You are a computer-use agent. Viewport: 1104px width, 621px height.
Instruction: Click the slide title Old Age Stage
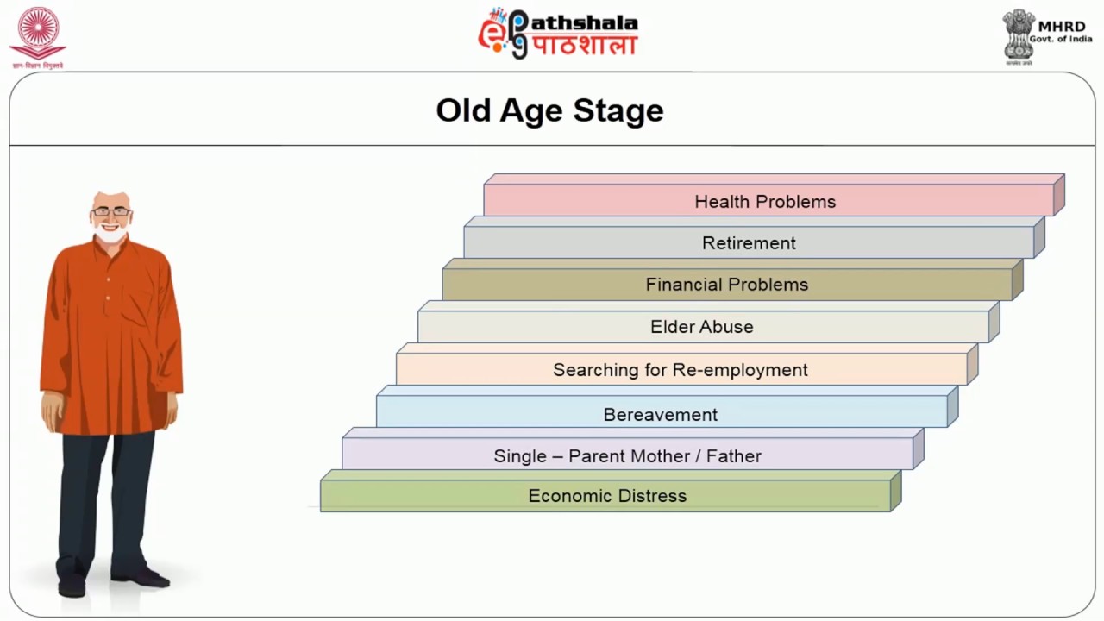549,110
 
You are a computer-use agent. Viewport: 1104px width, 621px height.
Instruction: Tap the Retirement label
749,243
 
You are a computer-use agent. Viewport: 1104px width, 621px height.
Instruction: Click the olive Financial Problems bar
727,285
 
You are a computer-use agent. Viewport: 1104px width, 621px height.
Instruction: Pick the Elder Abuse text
702,327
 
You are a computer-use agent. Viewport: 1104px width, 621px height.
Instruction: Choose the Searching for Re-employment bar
681,370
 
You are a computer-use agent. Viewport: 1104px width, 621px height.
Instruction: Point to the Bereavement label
661,415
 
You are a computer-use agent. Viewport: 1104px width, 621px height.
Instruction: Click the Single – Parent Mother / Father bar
627,456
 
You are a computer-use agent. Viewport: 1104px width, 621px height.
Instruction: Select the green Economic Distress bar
606,496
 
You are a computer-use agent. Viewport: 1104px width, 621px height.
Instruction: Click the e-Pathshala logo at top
558,34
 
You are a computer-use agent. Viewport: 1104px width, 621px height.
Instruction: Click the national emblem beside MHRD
1019,34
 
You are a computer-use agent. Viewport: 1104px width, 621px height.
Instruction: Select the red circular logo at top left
37,33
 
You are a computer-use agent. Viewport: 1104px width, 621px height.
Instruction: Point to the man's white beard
110,234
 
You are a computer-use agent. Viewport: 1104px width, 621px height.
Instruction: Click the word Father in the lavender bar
734,456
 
